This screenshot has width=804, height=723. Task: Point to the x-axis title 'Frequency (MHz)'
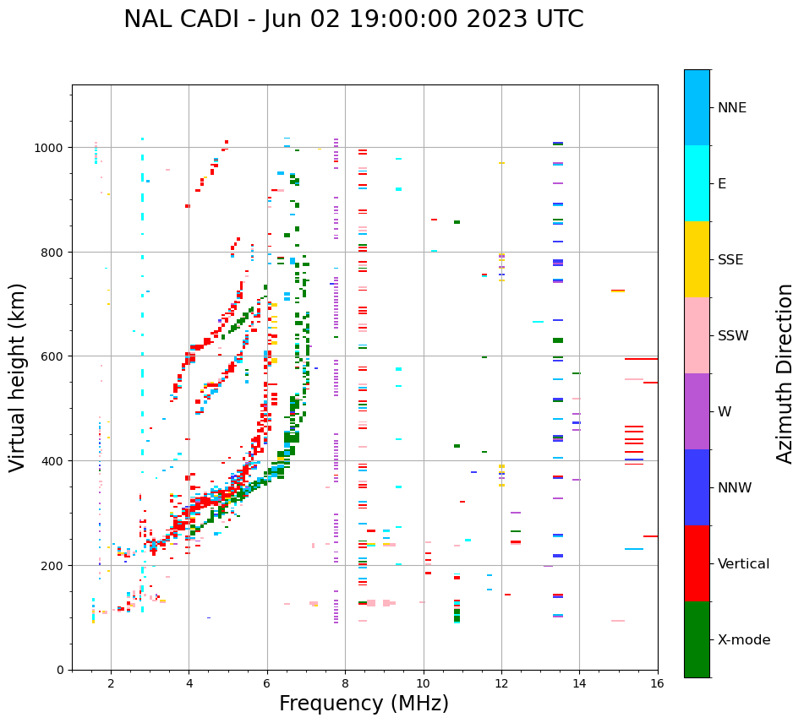click(x=364, y=704)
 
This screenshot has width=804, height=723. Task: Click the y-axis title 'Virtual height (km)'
click(x=18, y=377)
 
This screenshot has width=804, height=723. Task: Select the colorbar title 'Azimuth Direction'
click(x=785, y=373)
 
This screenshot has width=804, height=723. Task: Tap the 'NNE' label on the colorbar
click(x=732, y=107)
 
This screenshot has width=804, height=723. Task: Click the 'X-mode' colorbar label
click(x=744, y=639)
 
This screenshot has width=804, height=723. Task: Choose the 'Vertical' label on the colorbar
click(x=744, y=563)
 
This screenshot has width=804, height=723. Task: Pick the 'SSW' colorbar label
click(x=733, y=335)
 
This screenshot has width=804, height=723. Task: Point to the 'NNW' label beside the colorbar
click(x=736, y=487)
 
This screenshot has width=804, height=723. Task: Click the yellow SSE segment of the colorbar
click(x=697, y=259)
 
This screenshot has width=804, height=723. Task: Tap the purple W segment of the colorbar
click(x=697, y=411)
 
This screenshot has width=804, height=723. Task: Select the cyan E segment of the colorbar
click(x=697, y=183)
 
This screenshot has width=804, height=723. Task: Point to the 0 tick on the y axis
click(x=60, y=670)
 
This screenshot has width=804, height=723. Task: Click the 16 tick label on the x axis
click(x=658, y=684)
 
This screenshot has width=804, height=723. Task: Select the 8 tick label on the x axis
click(x=345, y=684)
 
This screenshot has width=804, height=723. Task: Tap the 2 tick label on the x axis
click(x=111, y=684)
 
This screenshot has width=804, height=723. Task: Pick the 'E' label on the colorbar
click(x=722, y=183)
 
